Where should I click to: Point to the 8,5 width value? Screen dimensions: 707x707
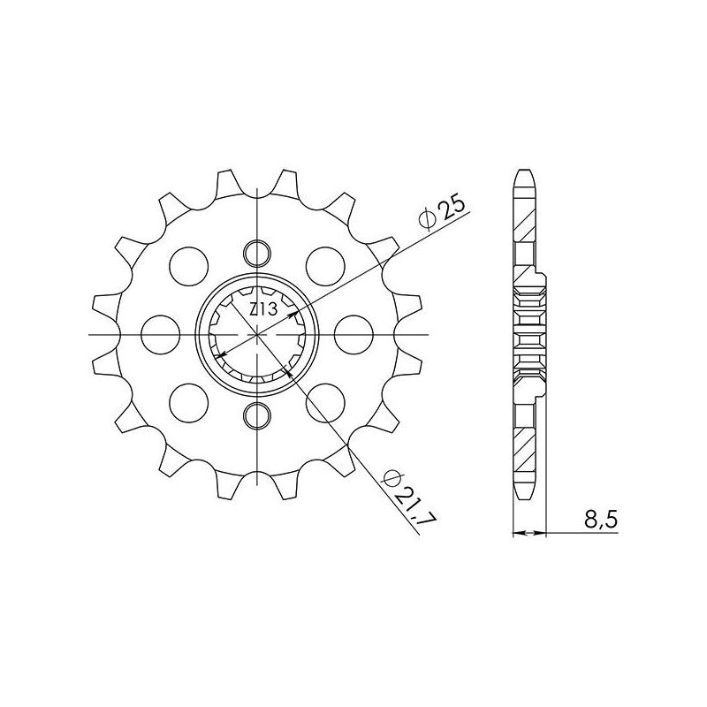click(600, 521)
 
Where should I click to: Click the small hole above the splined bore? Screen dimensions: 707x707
click(257, 252)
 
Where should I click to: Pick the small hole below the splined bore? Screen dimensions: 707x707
click(257, 414)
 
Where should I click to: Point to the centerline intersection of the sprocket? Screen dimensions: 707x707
click(257, 334)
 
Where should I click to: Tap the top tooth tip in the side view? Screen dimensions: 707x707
click(525, 173)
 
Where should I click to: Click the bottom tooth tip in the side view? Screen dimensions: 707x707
click(525, 495)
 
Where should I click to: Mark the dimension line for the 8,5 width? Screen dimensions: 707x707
click(530, 534)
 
